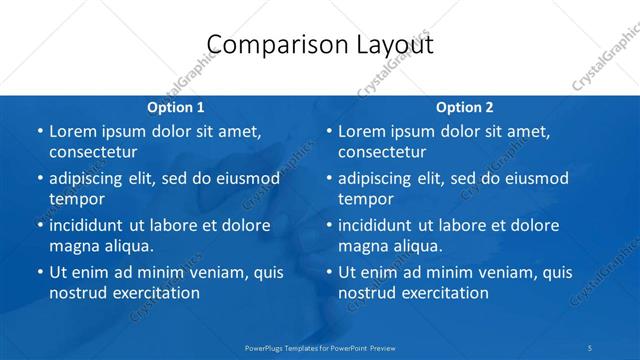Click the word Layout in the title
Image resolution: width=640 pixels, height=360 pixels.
point(395,45)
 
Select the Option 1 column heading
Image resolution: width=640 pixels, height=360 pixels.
point(176,107)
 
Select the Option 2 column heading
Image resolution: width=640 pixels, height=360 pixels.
point(465,107)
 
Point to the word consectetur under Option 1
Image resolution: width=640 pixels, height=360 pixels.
point(93,152)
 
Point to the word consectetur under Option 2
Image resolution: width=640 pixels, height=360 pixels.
point(382,152)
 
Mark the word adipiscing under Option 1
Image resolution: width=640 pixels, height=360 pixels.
point(87,179)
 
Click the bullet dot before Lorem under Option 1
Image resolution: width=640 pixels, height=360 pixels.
point(39,132)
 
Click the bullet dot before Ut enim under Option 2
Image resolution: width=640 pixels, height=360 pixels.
point(328,272)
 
